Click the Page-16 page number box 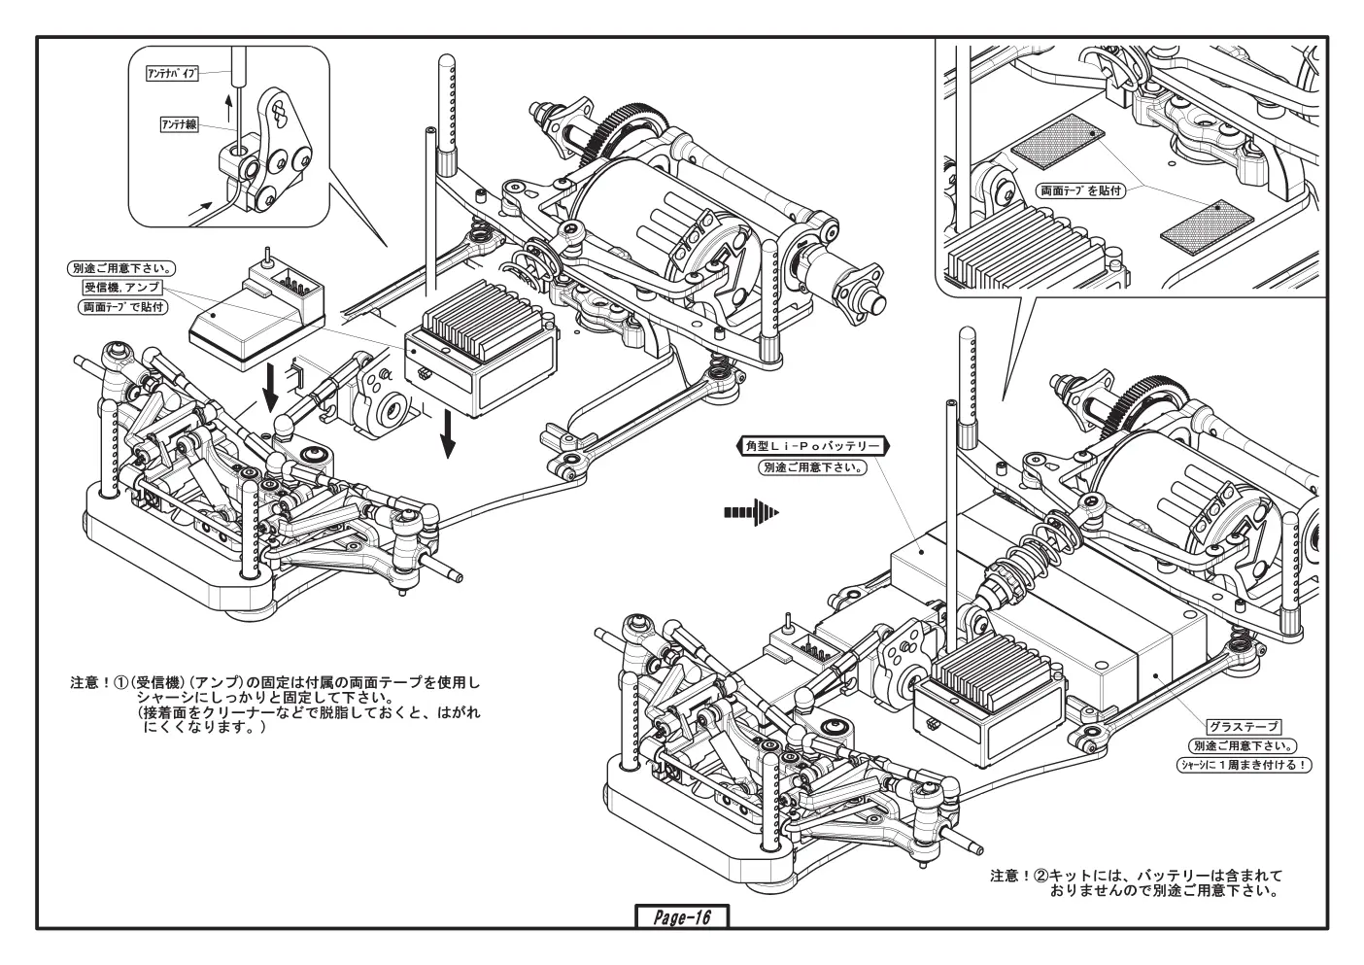click(x=682, y=917)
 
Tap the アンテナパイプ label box click(x=172, y=74)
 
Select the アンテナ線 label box click(x=179, y=125)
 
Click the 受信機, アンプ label click(x=121, y=287)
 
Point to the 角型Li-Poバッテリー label click(x=813, y=446)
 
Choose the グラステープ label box click(x=1244, y=727)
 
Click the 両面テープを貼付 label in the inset click(x=1080, y=190)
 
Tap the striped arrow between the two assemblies click(x=751, y=512)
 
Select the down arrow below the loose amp click(x=448, y=433)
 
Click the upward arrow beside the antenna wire click(x=229, y=109)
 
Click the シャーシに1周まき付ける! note click(x=1244, y=765)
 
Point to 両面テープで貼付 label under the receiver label click(x=122, y=307)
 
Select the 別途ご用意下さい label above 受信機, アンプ click(x=121, y=268)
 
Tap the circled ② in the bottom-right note click(x=1040, y=876)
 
